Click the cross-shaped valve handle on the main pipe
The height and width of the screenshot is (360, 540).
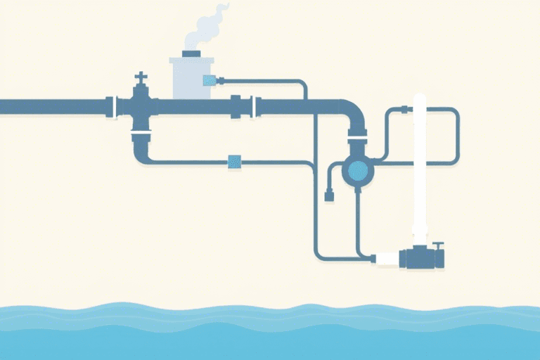pos(141,77)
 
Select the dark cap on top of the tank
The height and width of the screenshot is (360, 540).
pos(192,53)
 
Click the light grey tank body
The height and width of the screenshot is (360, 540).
pos(189,77)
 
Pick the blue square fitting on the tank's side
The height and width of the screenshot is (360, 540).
pos(209,81)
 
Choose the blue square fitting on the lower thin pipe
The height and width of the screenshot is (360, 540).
pos(234,162)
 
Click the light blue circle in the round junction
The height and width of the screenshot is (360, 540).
pos(358,169)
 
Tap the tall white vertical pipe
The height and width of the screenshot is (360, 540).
pos(420,169)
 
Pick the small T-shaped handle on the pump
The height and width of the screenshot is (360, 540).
pos(439,246)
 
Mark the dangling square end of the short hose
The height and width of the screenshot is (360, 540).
pos(328,197)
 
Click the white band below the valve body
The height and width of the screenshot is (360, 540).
pos(141,131)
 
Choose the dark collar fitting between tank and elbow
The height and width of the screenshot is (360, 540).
pos(236,106)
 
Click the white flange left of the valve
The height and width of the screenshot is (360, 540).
pos(110,107)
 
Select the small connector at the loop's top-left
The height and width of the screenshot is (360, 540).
pos(404,108)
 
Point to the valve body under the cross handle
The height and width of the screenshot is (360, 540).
pos(141,105)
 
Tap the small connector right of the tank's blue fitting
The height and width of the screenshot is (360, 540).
pos(220,81)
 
